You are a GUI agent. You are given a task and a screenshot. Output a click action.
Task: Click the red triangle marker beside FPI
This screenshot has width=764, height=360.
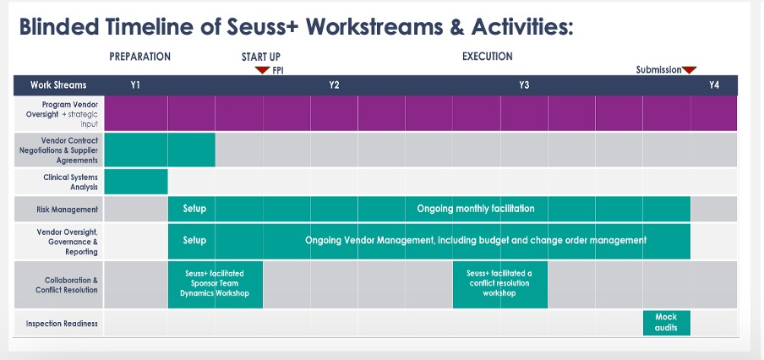point(262,70)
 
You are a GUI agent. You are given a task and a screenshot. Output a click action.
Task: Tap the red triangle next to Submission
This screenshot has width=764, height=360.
point(689,70)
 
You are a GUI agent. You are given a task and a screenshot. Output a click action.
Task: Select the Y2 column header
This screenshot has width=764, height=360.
point(334,85)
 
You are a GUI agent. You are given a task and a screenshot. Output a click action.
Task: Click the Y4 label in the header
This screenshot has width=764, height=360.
point(714,85)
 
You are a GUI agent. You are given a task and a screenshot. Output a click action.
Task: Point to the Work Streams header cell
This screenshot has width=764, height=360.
point(58,85)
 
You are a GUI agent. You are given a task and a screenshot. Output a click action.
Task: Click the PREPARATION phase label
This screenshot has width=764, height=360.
point(139,57)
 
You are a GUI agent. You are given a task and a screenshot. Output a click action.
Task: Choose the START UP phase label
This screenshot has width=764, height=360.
point(261,57)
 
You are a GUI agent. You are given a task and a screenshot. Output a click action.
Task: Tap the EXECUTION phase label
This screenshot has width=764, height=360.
point(488,57)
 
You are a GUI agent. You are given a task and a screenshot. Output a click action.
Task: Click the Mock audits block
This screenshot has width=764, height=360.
point(666,323)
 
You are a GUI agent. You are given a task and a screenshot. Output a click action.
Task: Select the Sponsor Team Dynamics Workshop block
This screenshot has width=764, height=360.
point(216,285)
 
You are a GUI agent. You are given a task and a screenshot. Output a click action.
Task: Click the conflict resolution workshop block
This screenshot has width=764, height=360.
point(500,285)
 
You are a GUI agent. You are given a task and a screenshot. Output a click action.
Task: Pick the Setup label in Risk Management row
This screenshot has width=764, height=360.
point(194,209)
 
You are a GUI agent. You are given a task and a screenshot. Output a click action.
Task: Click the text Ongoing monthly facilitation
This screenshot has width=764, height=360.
point(476,209)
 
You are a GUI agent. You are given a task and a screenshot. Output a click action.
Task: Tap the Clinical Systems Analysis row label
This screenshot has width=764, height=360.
point(70,183)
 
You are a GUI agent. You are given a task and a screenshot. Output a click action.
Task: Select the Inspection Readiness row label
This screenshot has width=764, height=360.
point(62,324)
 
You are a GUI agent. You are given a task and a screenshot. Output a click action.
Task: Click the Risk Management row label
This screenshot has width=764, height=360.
point(68,210)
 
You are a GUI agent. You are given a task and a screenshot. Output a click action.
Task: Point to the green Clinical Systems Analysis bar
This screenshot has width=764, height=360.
point(136,182)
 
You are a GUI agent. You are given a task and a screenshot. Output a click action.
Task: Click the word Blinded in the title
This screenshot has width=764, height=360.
point(58,27)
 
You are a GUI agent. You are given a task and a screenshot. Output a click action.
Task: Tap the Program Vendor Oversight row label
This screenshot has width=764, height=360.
point(62,114)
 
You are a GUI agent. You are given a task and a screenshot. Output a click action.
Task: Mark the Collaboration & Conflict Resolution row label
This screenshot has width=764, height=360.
point(66,285)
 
